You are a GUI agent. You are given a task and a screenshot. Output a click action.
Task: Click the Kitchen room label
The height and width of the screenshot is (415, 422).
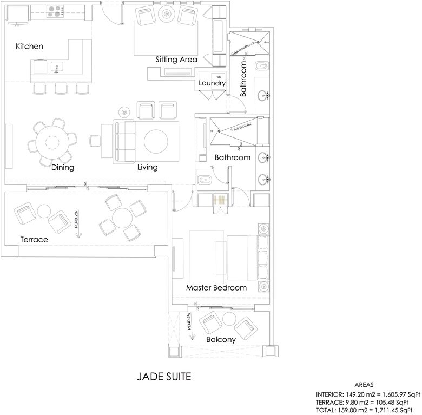[x=29, y=47]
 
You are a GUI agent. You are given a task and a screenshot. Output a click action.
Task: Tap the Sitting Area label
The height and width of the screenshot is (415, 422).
[x=176, y=60]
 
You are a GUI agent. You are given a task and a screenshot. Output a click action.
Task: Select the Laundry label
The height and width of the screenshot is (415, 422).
[x=212, y=83]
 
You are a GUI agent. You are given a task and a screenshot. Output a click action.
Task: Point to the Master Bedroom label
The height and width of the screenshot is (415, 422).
[x=216, y=288]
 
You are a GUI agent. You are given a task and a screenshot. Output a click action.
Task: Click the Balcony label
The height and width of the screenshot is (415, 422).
[x=221, y=340]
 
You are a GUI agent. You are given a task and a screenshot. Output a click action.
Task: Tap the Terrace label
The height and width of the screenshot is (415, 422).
[x=34, y=239]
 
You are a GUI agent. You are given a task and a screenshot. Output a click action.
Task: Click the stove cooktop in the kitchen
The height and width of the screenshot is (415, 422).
[x=56, y=9]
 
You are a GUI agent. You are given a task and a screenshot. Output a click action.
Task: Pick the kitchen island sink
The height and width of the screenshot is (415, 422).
[x=57, y=67]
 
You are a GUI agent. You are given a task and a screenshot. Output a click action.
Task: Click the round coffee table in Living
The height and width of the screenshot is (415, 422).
[x=155, y=142]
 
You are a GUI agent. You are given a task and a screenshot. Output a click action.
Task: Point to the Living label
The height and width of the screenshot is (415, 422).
[x=147, y=168]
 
